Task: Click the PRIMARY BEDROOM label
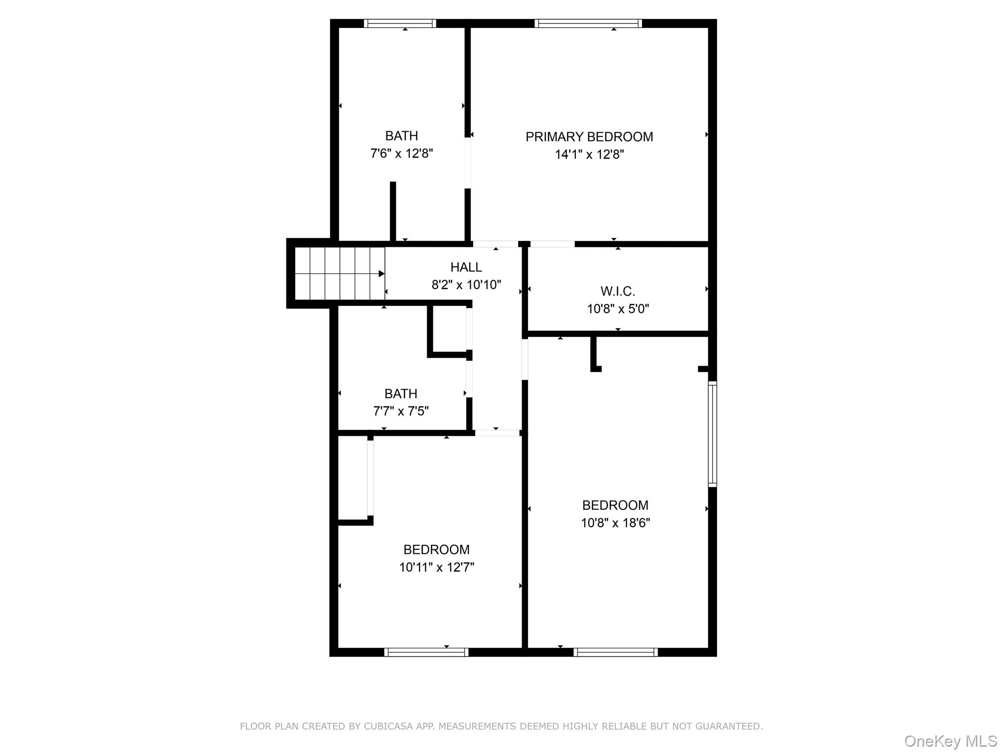point(589,137)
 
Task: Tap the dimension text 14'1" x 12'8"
point(589,155)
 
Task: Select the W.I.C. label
point(618,291)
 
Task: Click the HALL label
point(466,267)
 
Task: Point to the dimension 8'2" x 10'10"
point(466,284)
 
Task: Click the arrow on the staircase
point(381,274)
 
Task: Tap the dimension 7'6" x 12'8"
point(402,154)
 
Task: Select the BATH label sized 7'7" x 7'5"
point(401,394)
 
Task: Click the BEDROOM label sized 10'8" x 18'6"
point(615,505)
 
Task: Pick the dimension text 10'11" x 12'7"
point(436,567)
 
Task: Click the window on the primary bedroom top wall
point(588,23)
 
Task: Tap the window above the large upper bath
point(400,23)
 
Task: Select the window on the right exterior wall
point(713,434)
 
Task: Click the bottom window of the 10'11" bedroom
point(426,652)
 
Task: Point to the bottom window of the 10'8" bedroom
point(615,652)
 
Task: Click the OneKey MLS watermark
point(950,741)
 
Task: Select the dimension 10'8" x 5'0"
point(618,309)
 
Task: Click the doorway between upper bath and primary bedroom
point(468,163)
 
